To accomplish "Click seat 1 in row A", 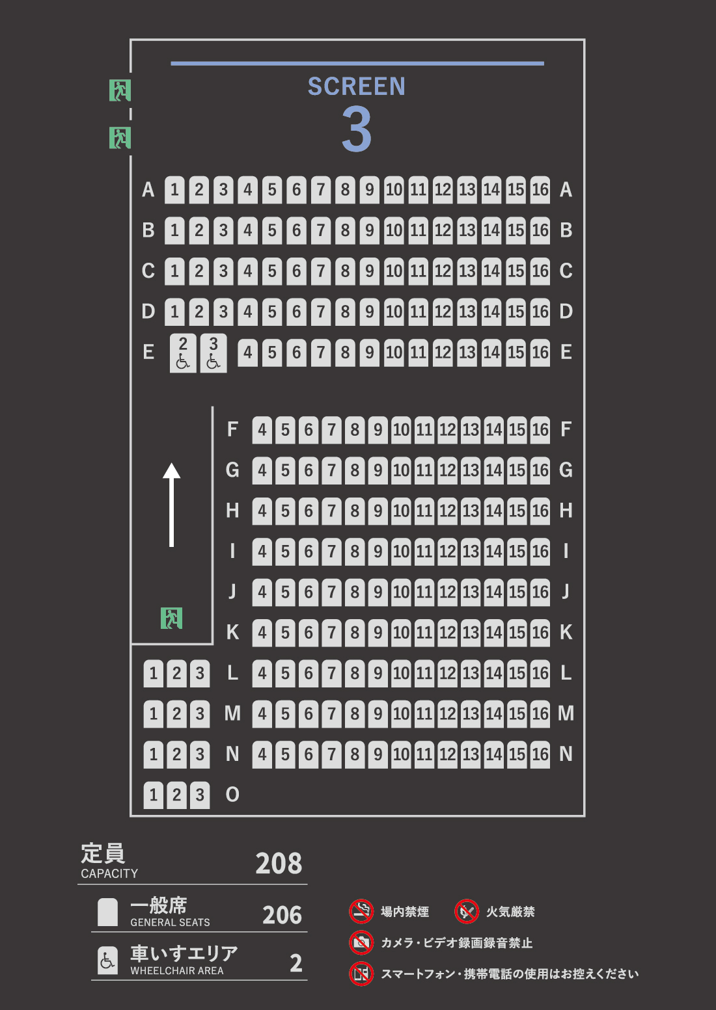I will (x=174, y=190).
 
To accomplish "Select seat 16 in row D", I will (x=540, y=312).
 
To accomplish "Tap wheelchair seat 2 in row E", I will (x=183, y=353).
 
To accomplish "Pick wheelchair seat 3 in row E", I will (x=213, y=353).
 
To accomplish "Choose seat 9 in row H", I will (x=378, y=511).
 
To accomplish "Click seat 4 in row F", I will (x=262, y=430).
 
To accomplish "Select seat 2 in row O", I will (x=176, y=795).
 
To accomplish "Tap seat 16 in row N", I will (x=540, y=754).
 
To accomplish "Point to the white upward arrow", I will (x=171, y=505).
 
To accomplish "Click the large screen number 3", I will (x=357, y=130).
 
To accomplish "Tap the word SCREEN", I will (x=357, y=86).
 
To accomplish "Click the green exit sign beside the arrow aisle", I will (x=171, y=618).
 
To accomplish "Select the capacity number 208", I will (x=279, y=864).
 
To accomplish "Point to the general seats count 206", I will (x=282, y=915).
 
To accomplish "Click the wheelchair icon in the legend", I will (x=108, y=961).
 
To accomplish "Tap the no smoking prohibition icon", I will (x=361, y=911).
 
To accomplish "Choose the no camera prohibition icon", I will (x=361, y=942).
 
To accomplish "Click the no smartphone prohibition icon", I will (x=361, y=974).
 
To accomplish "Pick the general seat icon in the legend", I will (x=108, y=912).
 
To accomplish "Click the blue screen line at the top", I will (x=357, y=64).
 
